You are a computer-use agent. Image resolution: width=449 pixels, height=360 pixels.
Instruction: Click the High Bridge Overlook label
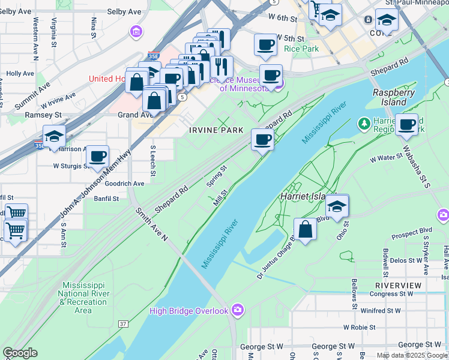point(188,310)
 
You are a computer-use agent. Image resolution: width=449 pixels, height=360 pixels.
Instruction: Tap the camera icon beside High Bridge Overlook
point(238,310)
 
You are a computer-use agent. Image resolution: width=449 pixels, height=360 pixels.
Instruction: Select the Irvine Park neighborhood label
point(216,130)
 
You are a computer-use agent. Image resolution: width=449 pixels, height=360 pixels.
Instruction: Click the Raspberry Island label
point(394,97)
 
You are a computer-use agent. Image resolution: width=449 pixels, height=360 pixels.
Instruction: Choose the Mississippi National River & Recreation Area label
point(83,298)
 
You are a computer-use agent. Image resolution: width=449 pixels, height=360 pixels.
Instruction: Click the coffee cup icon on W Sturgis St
point(97,157)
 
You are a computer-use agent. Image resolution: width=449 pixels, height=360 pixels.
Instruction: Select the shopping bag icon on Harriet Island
point(306,229)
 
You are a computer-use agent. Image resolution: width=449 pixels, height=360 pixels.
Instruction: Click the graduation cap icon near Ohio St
point(337,206)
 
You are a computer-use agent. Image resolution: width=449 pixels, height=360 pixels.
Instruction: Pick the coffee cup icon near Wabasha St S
point(406,125)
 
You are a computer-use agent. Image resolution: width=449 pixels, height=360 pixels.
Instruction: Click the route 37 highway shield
point(123,324)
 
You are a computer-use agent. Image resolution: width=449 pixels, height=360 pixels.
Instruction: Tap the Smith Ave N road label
point(152,225)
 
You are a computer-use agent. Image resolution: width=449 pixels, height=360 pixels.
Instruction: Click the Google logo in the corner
point(20,353)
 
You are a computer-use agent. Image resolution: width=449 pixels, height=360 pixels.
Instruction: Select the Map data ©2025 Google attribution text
point(412,355)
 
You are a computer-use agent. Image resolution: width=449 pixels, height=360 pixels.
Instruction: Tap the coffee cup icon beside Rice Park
point(265,44)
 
